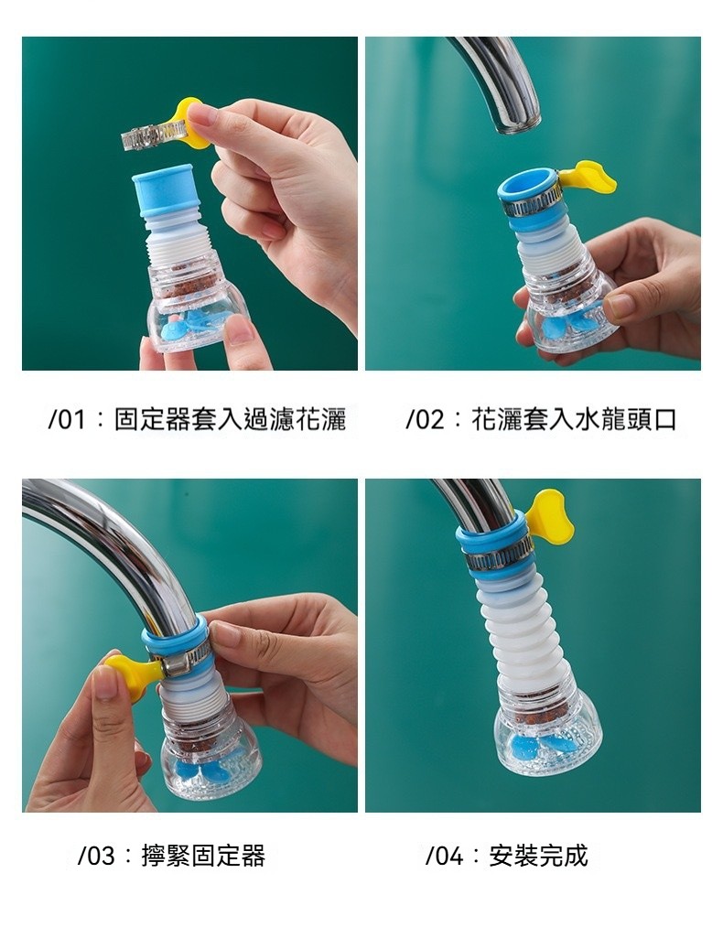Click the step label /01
click(67, 420)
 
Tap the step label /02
click(425, 420)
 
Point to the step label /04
click(445, 856)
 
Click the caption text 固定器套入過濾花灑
click(230, 420)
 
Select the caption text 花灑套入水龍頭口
click(574, 420)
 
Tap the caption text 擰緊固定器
click(203, 856)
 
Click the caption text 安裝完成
click(538, 856)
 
